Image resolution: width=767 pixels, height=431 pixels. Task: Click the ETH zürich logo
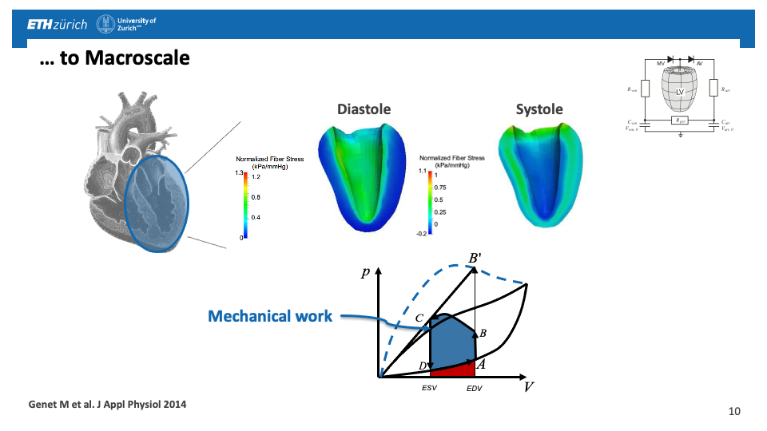[57, 25]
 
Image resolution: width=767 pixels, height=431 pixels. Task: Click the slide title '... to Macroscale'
[114, 58]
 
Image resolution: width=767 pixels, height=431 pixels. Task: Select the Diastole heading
[364, 109]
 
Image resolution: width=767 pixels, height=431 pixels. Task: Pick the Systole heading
[539, 109]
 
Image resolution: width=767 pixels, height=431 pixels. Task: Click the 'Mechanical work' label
[270, 316]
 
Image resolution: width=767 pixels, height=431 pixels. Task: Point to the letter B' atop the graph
[475, 258]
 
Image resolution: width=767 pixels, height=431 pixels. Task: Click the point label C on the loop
[419, 318]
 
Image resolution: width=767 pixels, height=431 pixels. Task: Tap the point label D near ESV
[422, 366]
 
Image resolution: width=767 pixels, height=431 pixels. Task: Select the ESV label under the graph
[430, 389]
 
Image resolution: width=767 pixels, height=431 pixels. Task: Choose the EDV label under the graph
[475, 389]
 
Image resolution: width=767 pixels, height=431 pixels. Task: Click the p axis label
[365, 272]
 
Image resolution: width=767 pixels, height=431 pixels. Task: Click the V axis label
[529, 388]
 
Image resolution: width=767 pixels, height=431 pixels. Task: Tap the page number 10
[735, 411]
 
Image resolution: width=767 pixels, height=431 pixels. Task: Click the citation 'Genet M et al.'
[107, 405]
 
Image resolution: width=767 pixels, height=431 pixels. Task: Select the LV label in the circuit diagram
[679, 93]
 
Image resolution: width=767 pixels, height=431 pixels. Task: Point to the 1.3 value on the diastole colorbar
[239, 172]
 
